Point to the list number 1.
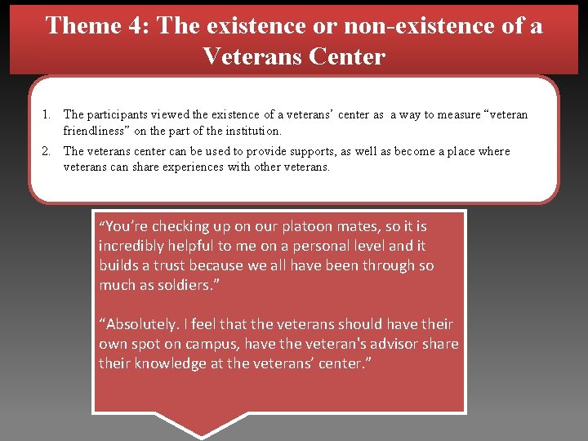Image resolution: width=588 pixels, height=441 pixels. tap(48, 115)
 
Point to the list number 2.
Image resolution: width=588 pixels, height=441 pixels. tap(48, 151)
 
